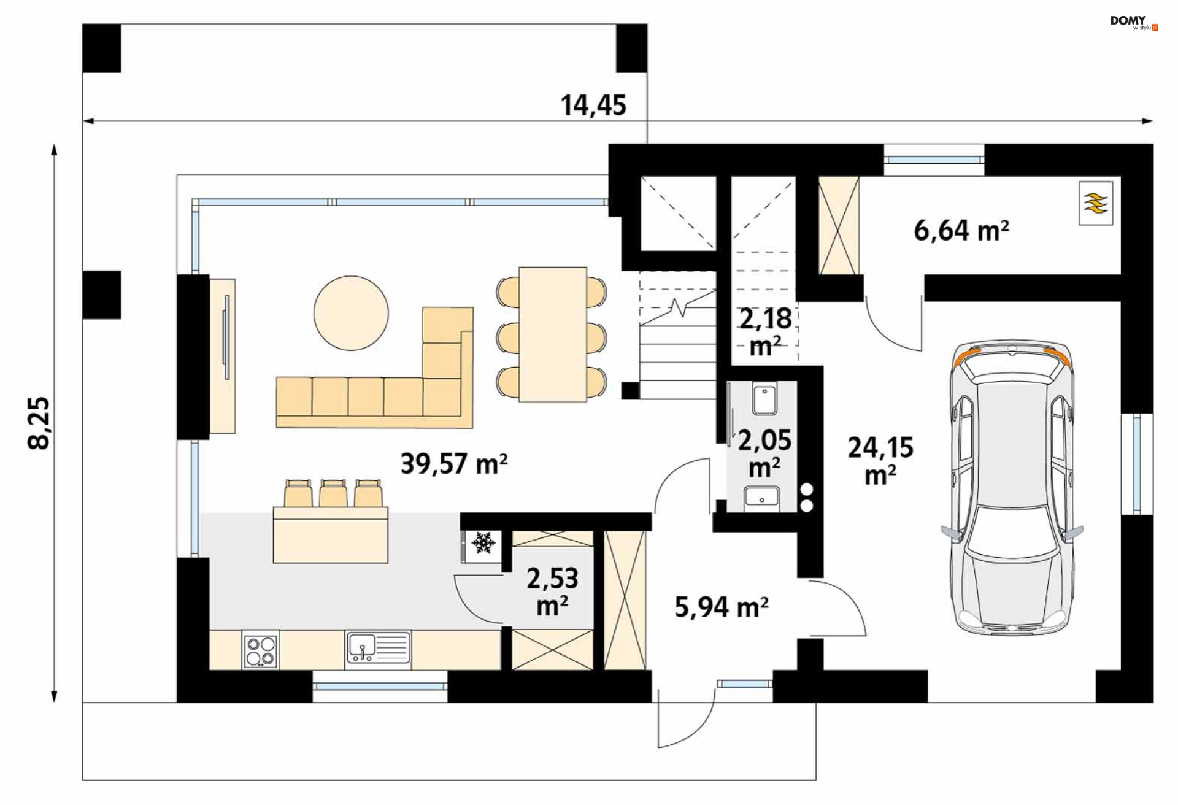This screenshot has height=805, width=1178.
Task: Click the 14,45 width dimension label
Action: point(593,106)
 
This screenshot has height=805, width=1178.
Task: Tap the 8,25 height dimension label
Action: point(39,423)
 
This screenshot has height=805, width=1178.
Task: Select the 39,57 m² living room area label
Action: point(454,464)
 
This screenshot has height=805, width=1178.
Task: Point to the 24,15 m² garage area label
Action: point(880,461)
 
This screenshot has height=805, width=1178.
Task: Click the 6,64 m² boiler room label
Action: point(961,231)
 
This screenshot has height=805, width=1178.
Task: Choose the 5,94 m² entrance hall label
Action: point(722,607)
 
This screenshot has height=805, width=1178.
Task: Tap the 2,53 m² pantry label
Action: point(552,591)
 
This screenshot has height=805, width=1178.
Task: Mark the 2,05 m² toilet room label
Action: point(764,453)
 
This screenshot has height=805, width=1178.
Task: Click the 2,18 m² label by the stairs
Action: point(766,332)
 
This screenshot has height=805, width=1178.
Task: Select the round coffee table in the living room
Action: point(351,313)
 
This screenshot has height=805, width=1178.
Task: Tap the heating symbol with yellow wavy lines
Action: point(1096,203)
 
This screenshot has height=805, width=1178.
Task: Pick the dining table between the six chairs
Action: point(553,334)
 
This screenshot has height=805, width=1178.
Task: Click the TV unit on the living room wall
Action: point(223,356)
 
